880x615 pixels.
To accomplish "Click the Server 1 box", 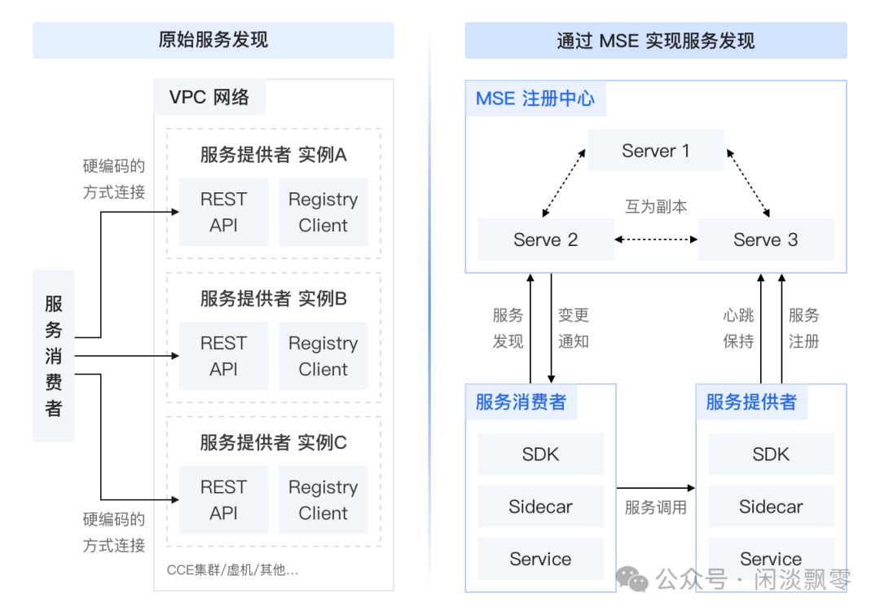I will [x=655, y=151].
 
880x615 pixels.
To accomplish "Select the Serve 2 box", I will [x=545, y=239].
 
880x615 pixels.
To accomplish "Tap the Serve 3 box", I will [x=765, y=239].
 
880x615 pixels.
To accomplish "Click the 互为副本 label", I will [x=656, y=206].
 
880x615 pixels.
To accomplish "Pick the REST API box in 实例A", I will [x=223, y=212].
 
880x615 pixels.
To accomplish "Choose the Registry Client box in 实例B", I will [x=323, y=356].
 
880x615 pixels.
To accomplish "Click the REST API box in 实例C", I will [x=223, y=500].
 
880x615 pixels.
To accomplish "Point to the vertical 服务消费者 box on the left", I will [x=54, y=356].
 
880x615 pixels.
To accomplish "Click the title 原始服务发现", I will [x=213, y=40].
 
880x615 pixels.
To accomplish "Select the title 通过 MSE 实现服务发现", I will [x=655, y=40].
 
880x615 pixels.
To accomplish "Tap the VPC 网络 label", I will [x=209, y=97].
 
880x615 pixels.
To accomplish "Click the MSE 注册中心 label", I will [x=535, y=99].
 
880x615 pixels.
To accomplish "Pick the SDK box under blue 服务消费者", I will [x=540, y=454].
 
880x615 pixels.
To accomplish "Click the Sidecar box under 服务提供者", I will [x=771, y=507].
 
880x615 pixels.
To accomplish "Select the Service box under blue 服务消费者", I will [x=540, y=559].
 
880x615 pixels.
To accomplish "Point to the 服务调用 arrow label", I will [x=655, y=507].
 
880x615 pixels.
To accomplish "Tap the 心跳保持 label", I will [x=738, y=328].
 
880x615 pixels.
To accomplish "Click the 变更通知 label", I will [x=573, y=328].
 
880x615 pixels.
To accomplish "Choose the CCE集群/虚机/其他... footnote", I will [x=233, y=569].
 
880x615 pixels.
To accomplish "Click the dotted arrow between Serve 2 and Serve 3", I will [x=656, y=239].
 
